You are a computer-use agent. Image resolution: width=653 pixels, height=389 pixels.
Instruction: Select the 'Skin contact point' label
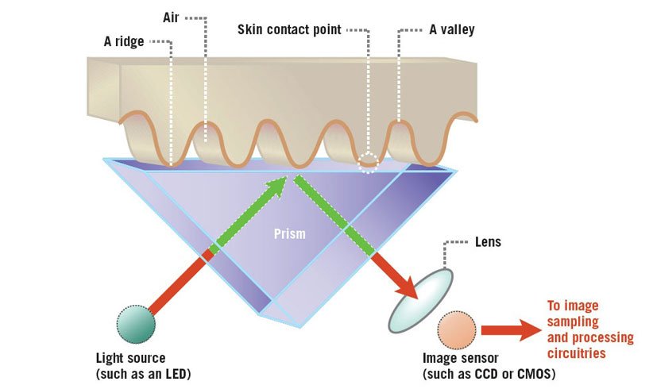pos(289,30)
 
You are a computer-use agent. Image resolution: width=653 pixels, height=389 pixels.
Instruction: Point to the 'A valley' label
pos(452,30)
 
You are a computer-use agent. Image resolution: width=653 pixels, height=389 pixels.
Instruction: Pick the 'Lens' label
pos(487,241)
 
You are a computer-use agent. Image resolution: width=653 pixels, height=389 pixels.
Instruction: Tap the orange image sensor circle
pos(457,330)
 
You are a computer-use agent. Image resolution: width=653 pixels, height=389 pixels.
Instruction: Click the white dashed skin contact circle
pos(369,164)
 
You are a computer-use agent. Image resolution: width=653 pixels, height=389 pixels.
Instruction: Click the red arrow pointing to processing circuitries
pos(510,331)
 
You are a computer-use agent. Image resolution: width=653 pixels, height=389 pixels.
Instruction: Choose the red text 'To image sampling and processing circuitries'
pos(589,329)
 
